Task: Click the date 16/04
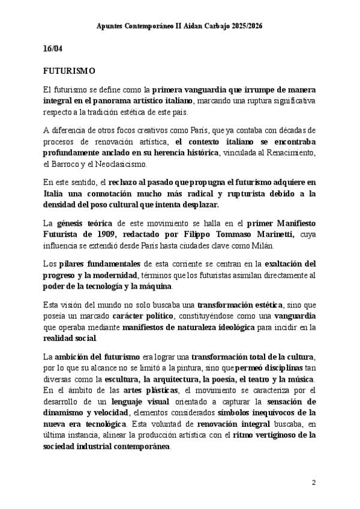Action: (53, 49)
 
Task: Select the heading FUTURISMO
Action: (69, 71)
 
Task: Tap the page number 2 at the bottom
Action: (314, 483)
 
